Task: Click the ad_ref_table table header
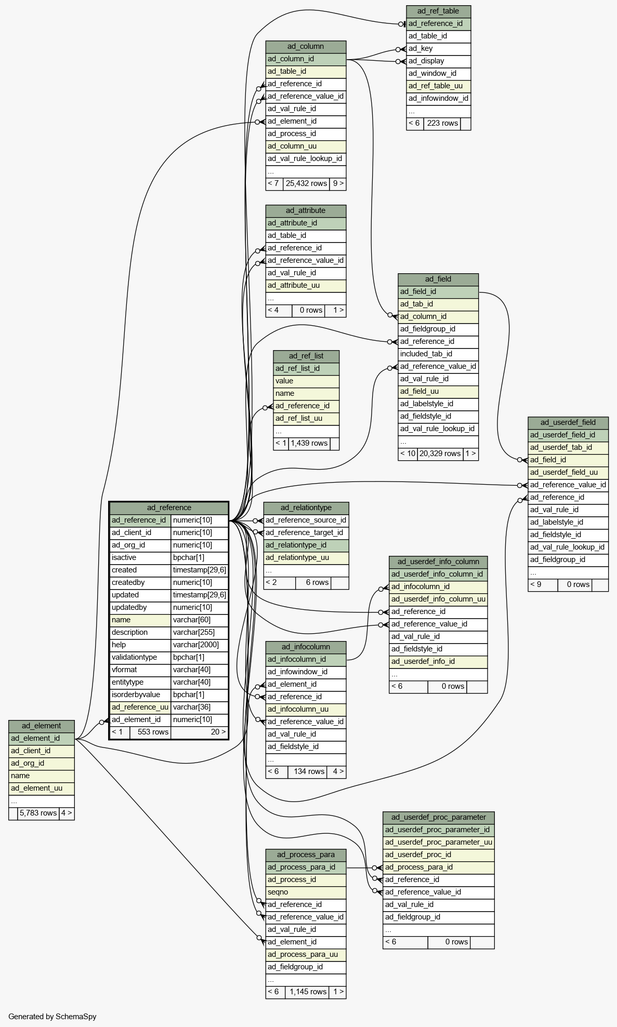pos(438,11)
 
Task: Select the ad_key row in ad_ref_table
pos(438,49)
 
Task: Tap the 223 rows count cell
pos(442,124)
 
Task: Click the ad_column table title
pos(306,47)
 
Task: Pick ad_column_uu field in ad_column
pos(306,146)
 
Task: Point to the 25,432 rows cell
pos(306,184)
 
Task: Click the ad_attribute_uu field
pos(306,286)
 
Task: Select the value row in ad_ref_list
pos(306,381)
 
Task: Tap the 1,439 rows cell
pos(309,444)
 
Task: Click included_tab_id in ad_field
pos(438,354)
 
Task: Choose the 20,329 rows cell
pos(440,454)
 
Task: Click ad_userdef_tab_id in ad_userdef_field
pos(568,448)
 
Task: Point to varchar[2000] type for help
pos(200,645)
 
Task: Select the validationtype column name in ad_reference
pos(140,658)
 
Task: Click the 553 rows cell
pos(150,732)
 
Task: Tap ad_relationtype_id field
pos(306,545)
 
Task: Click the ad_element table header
pos(42,726)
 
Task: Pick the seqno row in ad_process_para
pos(306,892)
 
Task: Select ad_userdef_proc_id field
pos(438,855)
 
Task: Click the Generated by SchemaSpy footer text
pos(52,1017)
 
